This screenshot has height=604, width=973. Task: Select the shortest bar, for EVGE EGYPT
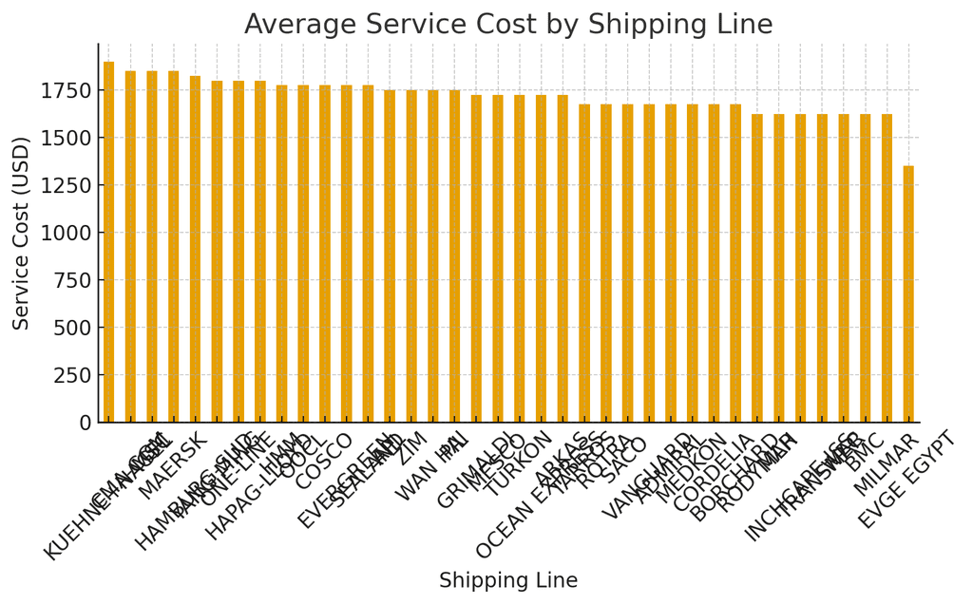tap(908, 294)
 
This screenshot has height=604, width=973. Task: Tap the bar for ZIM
tap(411, 256)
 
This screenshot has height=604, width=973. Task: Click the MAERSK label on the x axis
tap(172, 466)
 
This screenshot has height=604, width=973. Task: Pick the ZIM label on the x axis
tap(411, 448)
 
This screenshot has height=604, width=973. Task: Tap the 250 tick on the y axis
tap(73, 375)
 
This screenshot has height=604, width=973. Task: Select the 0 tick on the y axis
tap(86, 423)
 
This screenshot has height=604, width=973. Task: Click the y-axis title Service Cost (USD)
tap(22, 233)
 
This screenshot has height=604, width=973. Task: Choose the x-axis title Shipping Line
tap(507, 581)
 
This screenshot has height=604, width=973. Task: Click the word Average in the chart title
tap(298, 25)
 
